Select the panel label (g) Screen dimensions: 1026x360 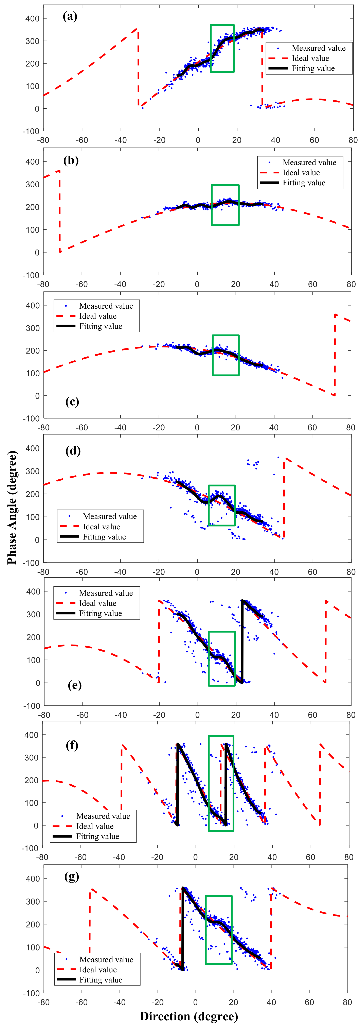(x=72, y=877)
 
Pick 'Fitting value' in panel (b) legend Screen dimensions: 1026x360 (x=304, y=183)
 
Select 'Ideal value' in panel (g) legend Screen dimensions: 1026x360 (x=98, y=970)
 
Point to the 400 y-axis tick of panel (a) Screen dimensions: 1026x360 (x=32, y=19)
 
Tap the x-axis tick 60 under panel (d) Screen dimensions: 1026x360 (x=312, y=572)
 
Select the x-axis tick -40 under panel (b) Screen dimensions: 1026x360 (x=120, y=284)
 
